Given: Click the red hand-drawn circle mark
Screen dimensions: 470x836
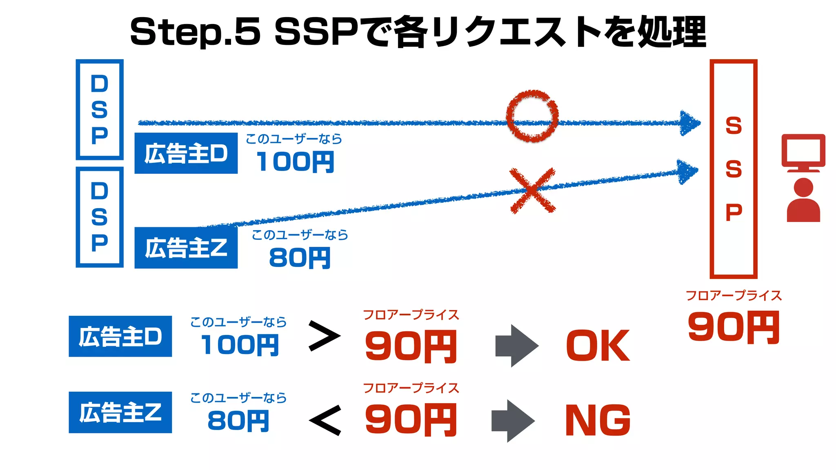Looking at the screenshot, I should (532, 116).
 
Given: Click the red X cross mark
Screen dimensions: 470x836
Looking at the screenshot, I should (533, 191).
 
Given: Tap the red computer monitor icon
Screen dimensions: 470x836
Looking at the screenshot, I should (803, 152).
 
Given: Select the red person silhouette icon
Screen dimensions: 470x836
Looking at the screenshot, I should (803, 201).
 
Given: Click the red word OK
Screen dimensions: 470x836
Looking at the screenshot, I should (598, 346).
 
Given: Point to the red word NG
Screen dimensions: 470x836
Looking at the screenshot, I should (598, 421).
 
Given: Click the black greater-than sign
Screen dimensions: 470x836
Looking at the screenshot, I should (324, 336).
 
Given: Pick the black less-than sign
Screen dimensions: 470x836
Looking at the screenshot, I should (325, 420).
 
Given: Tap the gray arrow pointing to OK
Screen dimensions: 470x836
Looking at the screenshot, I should (516, 346).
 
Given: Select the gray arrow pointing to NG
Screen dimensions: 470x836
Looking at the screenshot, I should (513, 421).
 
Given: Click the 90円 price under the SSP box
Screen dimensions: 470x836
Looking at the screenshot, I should (734, 327).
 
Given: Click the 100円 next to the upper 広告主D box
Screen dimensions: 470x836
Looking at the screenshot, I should (295, 162).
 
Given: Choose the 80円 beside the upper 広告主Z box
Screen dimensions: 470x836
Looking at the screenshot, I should (299, 258).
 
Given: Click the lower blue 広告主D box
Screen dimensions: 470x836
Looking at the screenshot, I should (120, 336).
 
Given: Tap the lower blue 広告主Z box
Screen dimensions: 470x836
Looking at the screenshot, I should (120, 412).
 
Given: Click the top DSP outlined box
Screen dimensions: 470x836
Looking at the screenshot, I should (100, 109).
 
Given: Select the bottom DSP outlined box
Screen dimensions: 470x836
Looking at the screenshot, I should (100, 217).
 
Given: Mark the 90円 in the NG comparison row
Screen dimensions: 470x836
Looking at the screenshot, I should (411, 420).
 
